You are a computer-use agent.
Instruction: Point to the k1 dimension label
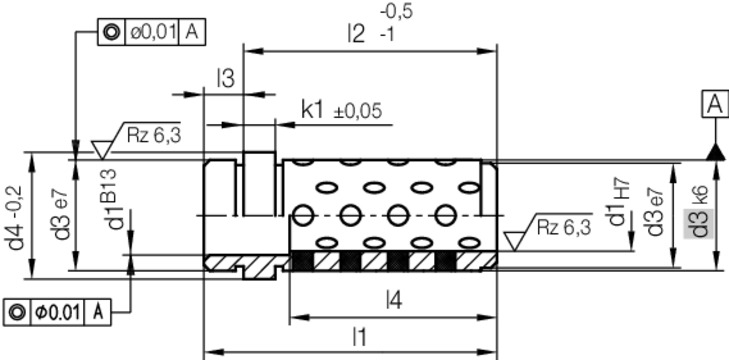pyautogui.click(x=313, y=110)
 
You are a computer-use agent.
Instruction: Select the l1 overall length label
pyautogui.click(x=357, y=338)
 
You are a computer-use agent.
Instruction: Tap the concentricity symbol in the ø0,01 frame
pyautogui.click(x=111, y=33)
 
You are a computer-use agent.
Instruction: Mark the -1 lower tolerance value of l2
pyautogui.click(x=389, y=34)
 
